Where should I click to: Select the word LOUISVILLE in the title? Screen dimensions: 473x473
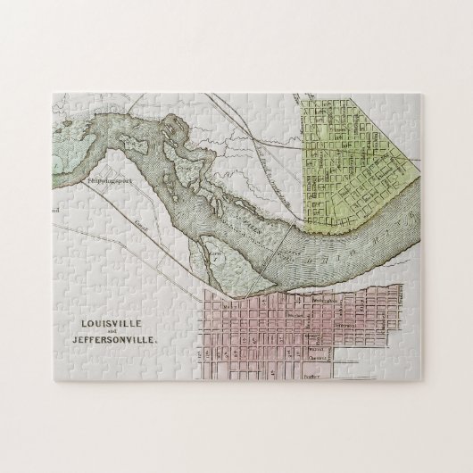[x=102, y=327]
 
